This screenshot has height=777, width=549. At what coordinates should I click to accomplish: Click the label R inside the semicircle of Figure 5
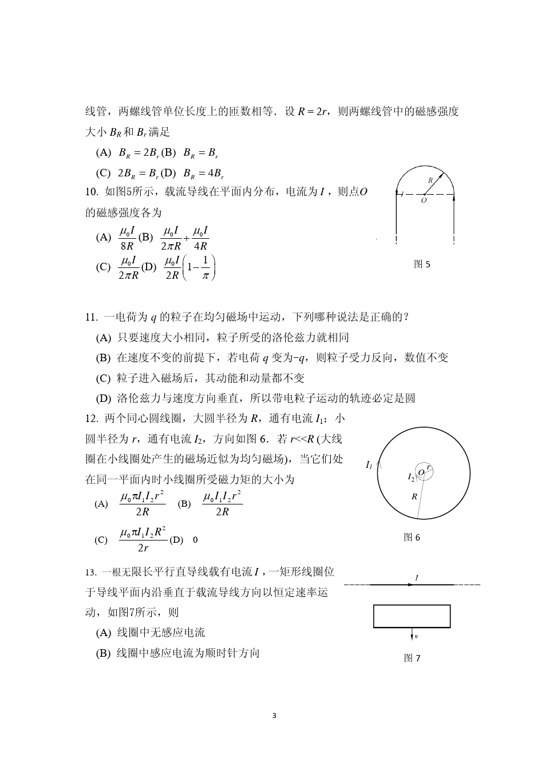[x=430, y=180]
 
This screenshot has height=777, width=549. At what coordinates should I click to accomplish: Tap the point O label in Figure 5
[x=424, y=201]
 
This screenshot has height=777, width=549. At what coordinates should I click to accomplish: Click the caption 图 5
[x=422, y=264]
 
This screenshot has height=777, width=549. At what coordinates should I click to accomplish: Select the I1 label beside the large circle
[x=369, y=465]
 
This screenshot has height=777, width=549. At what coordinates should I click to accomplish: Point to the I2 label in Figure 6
[x=411, y=476]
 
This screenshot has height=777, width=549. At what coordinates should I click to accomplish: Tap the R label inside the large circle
[x=414, y=496]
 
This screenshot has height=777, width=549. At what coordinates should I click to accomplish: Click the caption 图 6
[x=412, y=537]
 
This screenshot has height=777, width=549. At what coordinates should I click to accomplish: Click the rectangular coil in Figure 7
[x=412, y=616]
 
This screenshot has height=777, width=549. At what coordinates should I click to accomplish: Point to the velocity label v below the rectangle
[x=416, y=636]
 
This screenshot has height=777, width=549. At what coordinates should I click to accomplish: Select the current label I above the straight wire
[x=416, y=578]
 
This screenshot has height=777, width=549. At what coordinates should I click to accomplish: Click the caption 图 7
[x=412, y=658]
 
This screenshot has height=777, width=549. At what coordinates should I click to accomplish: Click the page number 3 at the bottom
[x=275, y=716]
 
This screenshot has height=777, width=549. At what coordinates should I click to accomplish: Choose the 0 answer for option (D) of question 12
[x=195, y=540]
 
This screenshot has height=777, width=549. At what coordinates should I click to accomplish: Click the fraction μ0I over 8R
[x=127, y=238]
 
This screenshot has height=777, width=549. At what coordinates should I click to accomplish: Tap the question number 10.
[x=92, y=192]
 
